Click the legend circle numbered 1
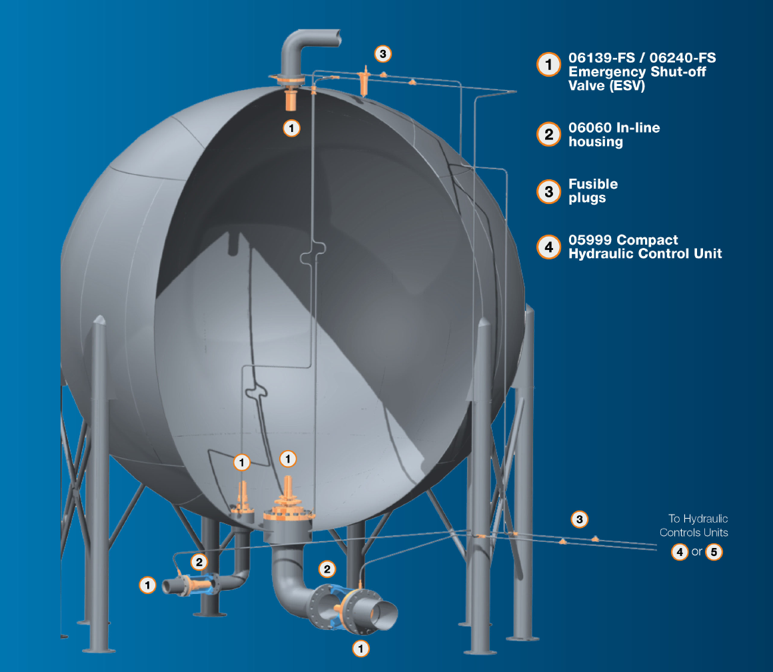pos(548,65)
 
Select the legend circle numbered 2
pos(548,135)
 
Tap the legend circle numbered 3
pos(548,192)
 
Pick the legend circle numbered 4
pos(548,247)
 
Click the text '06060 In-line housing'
pos(614,135)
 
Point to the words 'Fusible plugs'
pos(593,191)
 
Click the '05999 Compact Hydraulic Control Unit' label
pos(645,247)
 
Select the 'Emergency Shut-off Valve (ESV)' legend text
pos(637,79)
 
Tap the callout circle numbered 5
pos(714,552)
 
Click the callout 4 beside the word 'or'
pos(680,552)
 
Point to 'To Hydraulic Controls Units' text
pos(694,525)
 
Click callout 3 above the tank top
pos(383,54)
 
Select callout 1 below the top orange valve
pos(291,128)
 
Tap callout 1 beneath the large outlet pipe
pos(361,649)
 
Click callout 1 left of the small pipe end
pos(147,585)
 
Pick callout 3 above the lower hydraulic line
pos(579,519)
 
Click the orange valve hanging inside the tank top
pos(291,99)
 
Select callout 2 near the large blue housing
pos(327,569)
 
